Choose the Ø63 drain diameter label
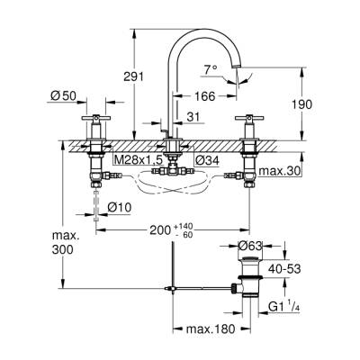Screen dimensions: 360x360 pos(251,245)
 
